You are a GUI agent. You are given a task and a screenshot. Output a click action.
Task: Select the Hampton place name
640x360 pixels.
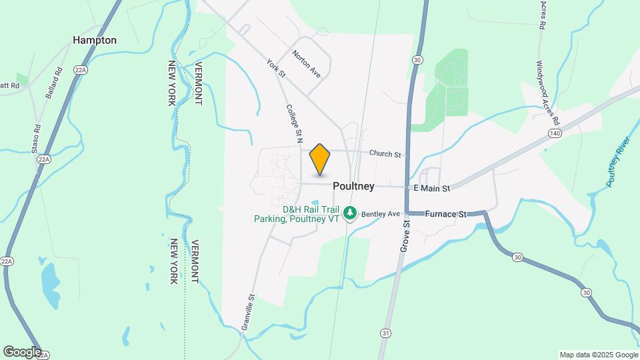click(95, 40)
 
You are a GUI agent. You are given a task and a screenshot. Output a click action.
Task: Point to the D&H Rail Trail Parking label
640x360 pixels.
click(297, 214)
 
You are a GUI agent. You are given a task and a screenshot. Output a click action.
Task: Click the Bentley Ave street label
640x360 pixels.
click(381, 215)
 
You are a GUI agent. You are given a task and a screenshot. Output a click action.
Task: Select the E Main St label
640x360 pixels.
click(432, 189)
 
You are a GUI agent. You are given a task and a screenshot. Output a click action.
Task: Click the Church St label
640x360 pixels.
click(385, 154)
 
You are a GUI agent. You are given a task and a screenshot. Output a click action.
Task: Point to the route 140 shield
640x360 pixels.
click(554, 134)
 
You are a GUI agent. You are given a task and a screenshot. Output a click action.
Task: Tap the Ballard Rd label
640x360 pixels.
click(55, 83)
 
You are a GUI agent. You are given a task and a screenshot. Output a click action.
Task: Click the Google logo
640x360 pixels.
click(22, 352)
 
